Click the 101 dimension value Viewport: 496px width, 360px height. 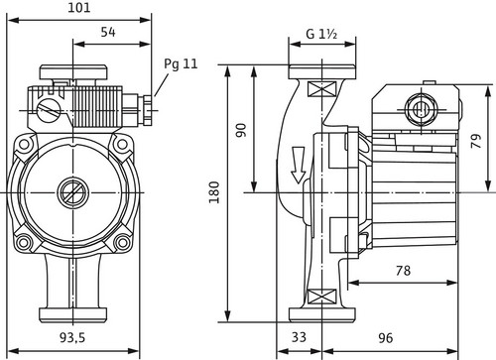click(79, 7)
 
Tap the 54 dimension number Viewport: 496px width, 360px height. click(108, 32)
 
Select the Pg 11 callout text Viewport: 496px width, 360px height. click(181, 64)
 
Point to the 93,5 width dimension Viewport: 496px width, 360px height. click(72, 337)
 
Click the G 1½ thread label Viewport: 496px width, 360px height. click(321, 34)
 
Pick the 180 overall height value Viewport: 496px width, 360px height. click(214, 192)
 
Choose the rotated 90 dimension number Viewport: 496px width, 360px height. click(241, 130)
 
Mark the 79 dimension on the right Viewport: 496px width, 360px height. click(476, 141)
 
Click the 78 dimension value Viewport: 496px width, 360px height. click(403, 271)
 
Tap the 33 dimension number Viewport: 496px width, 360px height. click(299, 337)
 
